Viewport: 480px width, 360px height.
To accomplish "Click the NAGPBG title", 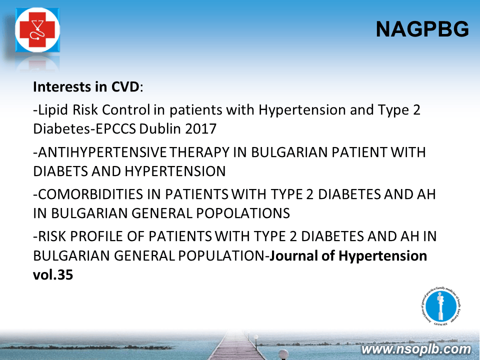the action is [422, 29].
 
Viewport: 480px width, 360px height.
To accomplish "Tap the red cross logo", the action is [37, 30].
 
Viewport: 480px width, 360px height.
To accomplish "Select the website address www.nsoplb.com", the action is [416, 349].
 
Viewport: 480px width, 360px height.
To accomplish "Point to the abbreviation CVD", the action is [125, 86].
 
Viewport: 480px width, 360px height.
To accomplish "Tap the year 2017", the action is [200, 128].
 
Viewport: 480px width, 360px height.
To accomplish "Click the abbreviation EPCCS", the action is [115, 128].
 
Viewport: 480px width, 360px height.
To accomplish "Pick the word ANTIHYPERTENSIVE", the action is [102, 152].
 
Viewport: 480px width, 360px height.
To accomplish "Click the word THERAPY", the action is [199, 152].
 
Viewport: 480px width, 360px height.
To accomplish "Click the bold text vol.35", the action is [53, 274].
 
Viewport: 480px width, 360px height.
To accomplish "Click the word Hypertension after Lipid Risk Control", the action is [302, 110].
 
